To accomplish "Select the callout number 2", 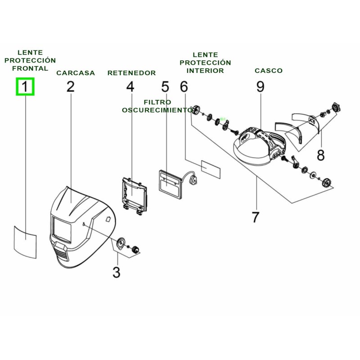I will (71, 86).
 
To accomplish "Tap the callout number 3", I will (116, 272).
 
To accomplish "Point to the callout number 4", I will (130, 86).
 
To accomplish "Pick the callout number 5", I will (165, 86).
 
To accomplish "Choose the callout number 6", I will (184, 86).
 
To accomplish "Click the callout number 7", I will (255, 217).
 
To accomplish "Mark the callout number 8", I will (320, 155).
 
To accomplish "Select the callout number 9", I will (261, 86).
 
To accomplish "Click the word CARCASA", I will (76, 73).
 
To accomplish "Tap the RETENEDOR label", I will (131, 73).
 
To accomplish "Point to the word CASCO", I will (269, 71).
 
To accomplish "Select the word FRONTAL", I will (30, 68).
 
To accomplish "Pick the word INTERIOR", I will (205, 71).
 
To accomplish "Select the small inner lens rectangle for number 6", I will (211, 169).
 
